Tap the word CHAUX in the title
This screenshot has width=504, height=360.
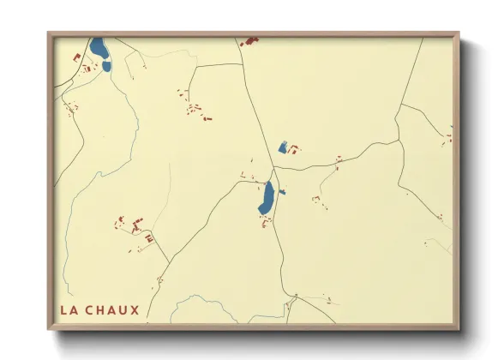click(x=111, y=309)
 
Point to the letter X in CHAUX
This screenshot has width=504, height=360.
click(x=134, y=309)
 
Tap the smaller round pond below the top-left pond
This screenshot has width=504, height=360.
click(x=106, y=66)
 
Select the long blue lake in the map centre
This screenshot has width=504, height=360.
click(x=267, y=199)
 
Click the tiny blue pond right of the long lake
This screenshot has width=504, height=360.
click(x=282, y=192)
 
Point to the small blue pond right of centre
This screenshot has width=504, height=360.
click(x=282, y=147)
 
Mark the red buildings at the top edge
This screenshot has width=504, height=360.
click(x=249, y=39)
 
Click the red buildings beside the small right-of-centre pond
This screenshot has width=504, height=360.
click(x=293, y=150)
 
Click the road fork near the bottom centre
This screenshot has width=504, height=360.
click(x=292, y=299)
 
